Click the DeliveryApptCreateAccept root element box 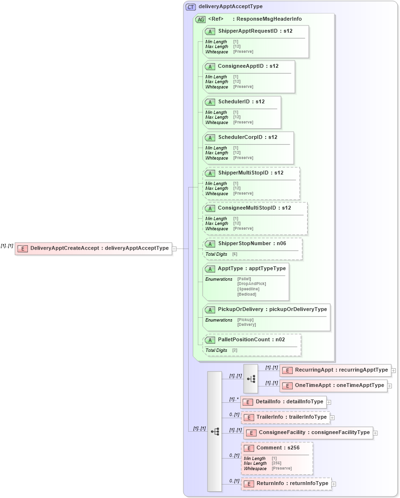pos(93,249)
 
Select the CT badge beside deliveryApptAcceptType pos(191,7)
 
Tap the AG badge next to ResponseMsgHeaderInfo pos(200,20)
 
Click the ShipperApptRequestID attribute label pos(255,31)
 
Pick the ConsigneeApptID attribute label pos(248,66)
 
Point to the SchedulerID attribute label pos(241,102)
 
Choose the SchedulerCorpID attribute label pos(247,137)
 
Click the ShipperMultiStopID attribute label pos(250,173)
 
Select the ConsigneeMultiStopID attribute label pos(254,208)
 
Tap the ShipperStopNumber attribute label pos(252,244)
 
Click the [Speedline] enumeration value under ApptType pos(248,289)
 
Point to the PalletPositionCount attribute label pos(251,340)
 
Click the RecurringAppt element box pos(335,370)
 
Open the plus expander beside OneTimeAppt pos(389,386)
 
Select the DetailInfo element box pos(283,402)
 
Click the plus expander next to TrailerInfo pos(332,418)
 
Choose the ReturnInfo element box pos(286,484)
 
